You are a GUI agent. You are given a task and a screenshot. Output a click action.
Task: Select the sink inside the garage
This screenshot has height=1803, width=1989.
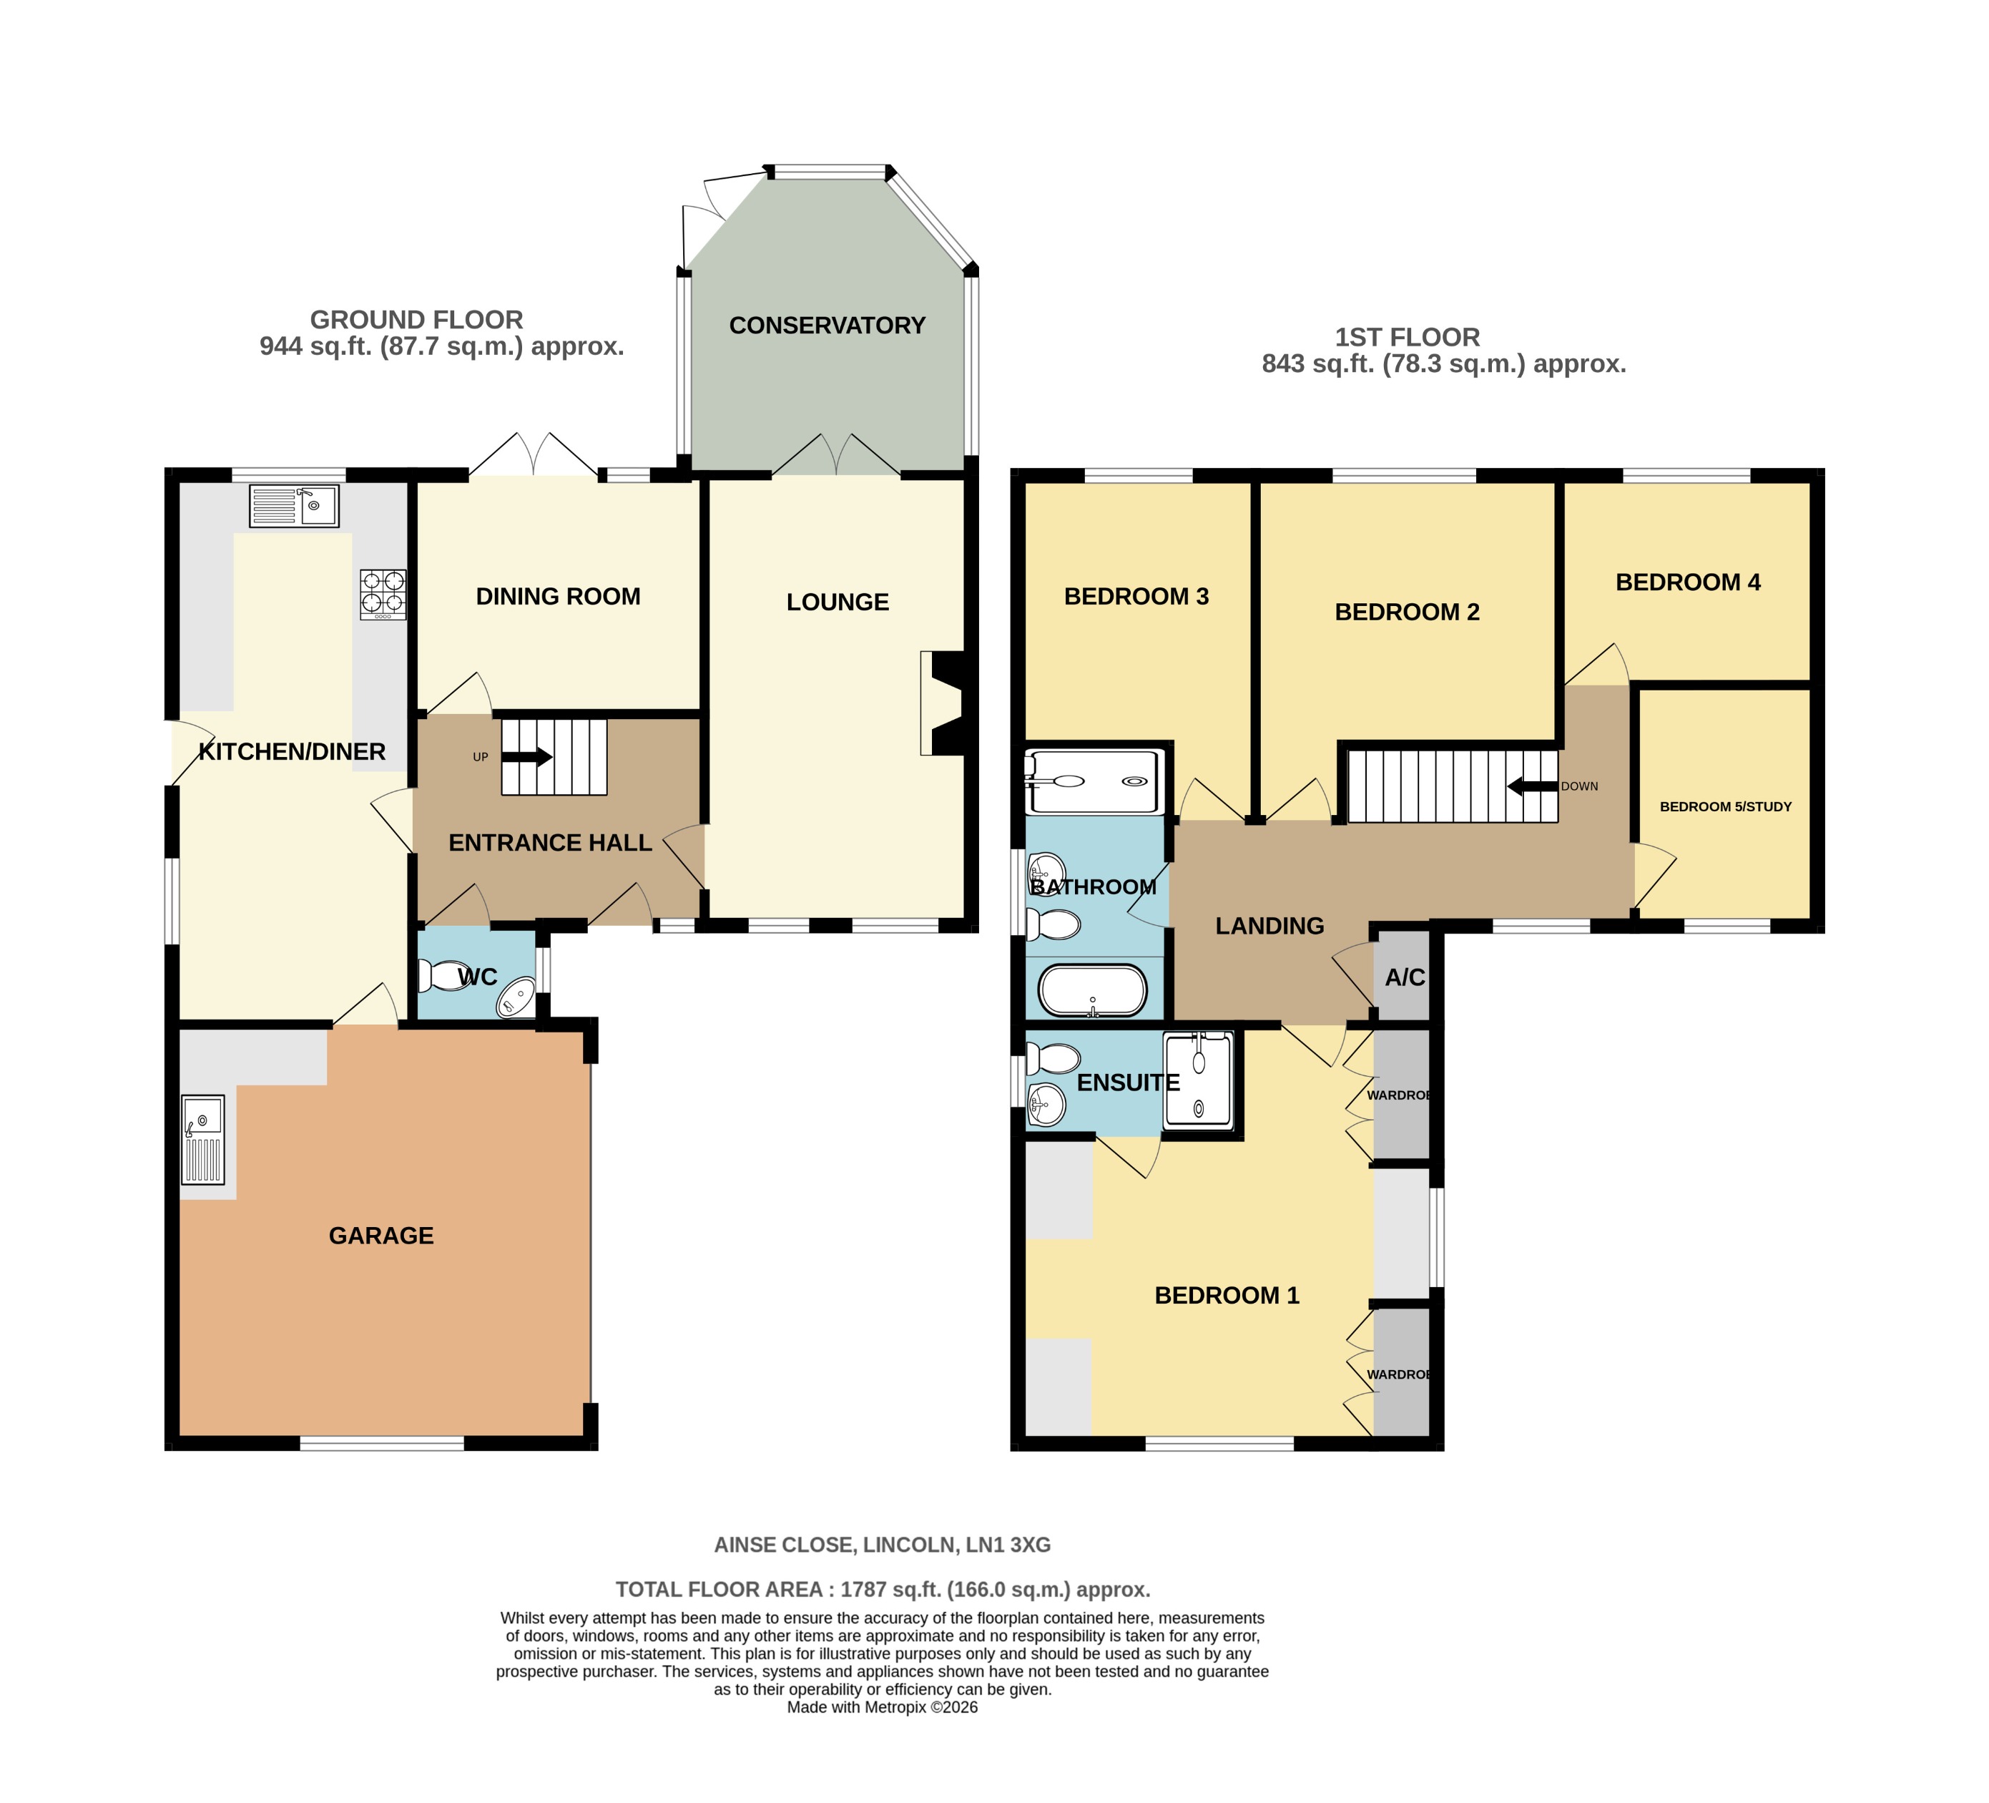(203, 1139)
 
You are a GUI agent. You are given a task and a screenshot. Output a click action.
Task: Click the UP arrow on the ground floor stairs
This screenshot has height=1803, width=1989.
(529, 757)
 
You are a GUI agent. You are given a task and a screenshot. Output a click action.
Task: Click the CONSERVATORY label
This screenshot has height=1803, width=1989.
(827, 326)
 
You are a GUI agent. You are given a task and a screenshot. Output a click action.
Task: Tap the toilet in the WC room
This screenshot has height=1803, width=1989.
(438, 976)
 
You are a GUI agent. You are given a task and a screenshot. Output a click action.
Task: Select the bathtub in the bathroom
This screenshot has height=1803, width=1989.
(1092, 991)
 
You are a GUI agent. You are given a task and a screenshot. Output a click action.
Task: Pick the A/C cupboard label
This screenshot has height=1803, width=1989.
(1404, 977)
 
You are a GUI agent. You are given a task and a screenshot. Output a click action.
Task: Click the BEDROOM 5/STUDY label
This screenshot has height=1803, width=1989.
(1724, 806)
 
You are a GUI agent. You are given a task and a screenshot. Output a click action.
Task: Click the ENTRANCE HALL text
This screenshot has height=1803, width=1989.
(549, 843)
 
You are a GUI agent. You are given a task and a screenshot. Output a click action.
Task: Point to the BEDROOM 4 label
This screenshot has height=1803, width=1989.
(1687, 582)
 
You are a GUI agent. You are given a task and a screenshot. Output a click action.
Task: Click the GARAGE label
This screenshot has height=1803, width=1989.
(380, 1236)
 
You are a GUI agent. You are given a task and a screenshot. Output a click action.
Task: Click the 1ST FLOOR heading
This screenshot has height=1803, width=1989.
(1407, 338)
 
